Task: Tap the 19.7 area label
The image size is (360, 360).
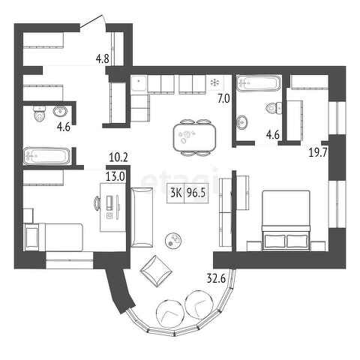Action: pos(318,152)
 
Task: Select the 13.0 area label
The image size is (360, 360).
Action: pos(115,177)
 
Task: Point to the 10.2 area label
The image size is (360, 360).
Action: pos(118,158)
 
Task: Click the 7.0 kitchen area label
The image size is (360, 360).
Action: pos(223,99)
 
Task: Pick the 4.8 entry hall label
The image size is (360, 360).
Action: pos(103,59)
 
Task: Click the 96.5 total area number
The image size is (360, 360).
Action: pos(196,193)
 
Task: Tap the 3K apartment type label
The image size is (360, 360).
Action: pos(176,193)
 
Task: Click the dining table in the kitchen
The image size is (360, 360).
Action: pos(195,137)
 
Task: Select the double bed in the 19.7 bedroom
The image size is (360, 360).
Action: pos(286,220)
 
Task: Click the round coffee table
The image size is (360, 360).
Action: pos(173,240)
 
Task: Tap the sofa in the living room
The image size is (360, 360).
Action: pos(142,217)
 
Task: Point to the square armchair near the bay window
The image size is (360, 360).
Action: pos(157,271)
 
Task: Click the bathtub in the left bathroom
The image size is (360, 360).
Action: pos(46,156)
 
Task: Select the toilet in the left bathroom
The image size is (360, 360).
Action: pos(40,114)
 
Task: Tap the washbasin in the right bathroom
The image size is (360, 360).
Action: pos(242,122)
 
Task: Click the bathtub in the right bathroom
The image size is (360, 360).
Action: pos(259,82)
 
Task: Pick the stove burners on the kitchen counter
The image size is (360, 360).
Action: pos(215,82)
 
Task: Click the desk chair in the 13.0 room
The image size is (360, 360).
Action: pos(97,202)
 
